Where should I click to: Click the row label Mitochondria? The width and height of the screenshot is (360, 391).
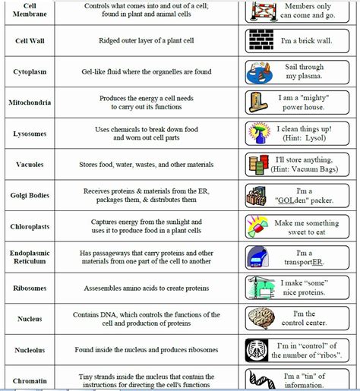point(30,102)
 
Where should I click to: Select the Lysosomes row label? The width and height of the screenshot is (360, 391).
point(30,134)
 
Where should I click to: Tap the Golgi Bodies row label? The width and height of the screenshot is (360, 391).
point(30,195)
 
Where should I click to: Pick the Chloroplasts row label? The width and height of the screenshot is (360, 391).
point(30,226)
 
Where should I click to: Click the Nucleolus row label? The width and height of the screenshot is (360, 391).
point(30,350)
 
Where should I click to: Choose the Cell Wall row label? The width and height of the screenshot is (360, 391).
point(30,40)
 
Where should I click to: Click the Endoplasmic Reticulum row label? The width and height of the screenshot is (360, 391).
point(30,257)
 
